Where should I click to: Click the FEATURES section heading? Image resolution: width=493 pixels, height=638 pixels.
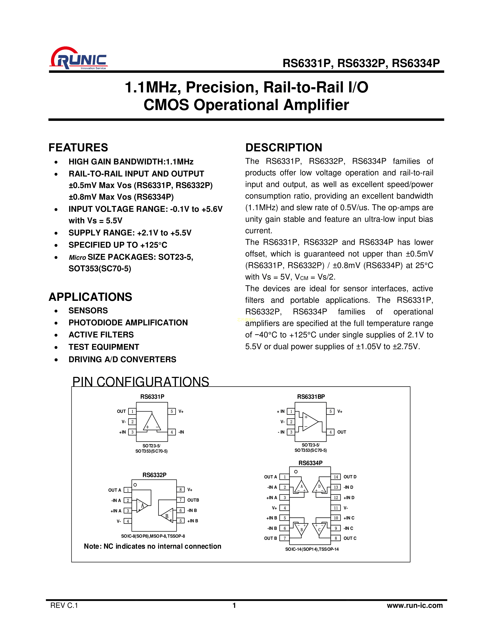pyautogui.click(x=78, y=148)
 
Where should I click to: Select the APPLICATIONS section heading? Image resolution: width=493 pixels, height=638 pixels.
pyautogui.click(x=90, y=297)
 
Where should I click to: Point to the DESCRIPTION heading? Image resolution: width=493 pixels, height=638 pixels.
pyautogui.click(x=284, y=148)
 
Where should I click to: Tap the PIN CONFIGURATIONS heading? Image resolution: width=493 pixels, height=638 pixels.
pyautogui.click(x=141, y=381)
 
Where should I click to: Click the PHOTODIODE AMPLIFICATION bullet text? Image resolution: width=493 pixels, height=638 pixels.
pyautogui.click(x=128, y=322)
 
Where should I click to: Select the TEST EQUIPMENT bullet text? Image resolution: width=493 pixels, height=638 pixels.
pyautogui.click(x=104, y=347)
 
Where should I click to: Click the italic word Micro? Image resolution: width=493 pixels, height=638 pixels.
pyautogui.click(x=77, y=257)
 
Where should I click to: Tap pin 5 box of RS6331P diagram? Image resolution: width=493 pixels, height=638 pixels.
pyautogui.click(x=172, y=411)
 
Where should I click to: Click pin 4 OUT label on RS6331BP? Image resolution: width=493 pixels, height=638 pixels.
pyautogui.click(x=341, y=432)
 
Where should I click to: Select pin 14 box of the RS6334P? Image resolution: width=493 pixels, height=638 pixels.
pyautogui.click(x=336, y=477)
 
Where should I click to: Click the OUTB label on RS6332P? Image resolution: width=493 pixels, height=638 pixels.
pyautogui.click(x=193, y=500)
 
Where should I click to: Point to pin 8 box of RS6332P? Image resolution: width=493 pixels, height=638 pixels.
pyautogui.click(x=181, y=490)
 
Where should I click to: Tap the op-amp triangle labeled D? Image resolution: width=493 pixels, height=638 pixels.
pyautogui.click(x=319, y=486)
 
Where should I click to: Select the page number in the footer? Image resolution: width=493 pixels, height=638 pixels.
pyautogui.click(x=234, y=605)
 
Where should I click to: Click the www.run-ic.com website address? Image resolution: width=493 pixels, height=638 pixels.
pyautogui.click(x=415, y=605)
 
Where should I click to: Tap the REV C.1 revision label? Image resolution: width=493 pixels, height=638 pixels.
pyautogui.click(x=64, y=605)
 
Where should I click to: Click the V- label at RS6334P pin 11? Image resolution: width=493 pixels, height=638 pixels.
pyautogui.click(x=345, y=508)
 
